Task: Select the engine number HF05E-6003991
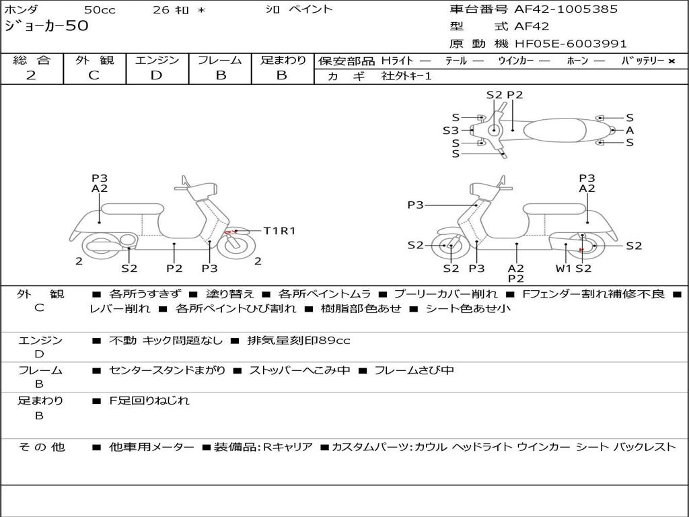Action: [x=571, y=44]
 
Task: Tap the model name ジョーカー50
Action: [x=46, y=26]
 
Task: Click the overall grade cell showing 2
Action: [x=31, y=75]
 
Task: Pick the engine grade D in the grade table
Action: [x=156, y=75]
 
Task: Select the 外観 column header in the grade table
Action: [x=94, y=61]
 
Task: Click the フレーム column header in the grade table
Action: [x=220, y=61]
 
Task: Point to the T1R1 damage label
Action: [x=279, y=231]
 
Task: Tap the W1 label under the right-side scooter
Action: [x=563, y=269]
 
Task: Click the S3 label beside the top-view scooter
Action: [x=450, y=131]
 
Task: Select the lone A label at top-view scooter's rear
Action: [x=630, y=130]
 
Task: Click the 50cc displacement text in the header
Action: [x=100, y=9]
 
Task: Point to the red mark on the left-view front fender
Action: [x=230, y=232]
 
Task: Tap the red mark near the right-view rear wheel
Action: [x=581, y=248]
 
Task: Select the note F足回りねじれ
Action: [x=149, y=401]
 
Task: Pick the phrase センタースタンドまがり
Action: [x=167, y=370]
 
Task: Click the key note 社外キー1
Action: [x=406, y=76]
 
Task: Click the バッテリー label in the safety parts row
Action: [x=643, y=61]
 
